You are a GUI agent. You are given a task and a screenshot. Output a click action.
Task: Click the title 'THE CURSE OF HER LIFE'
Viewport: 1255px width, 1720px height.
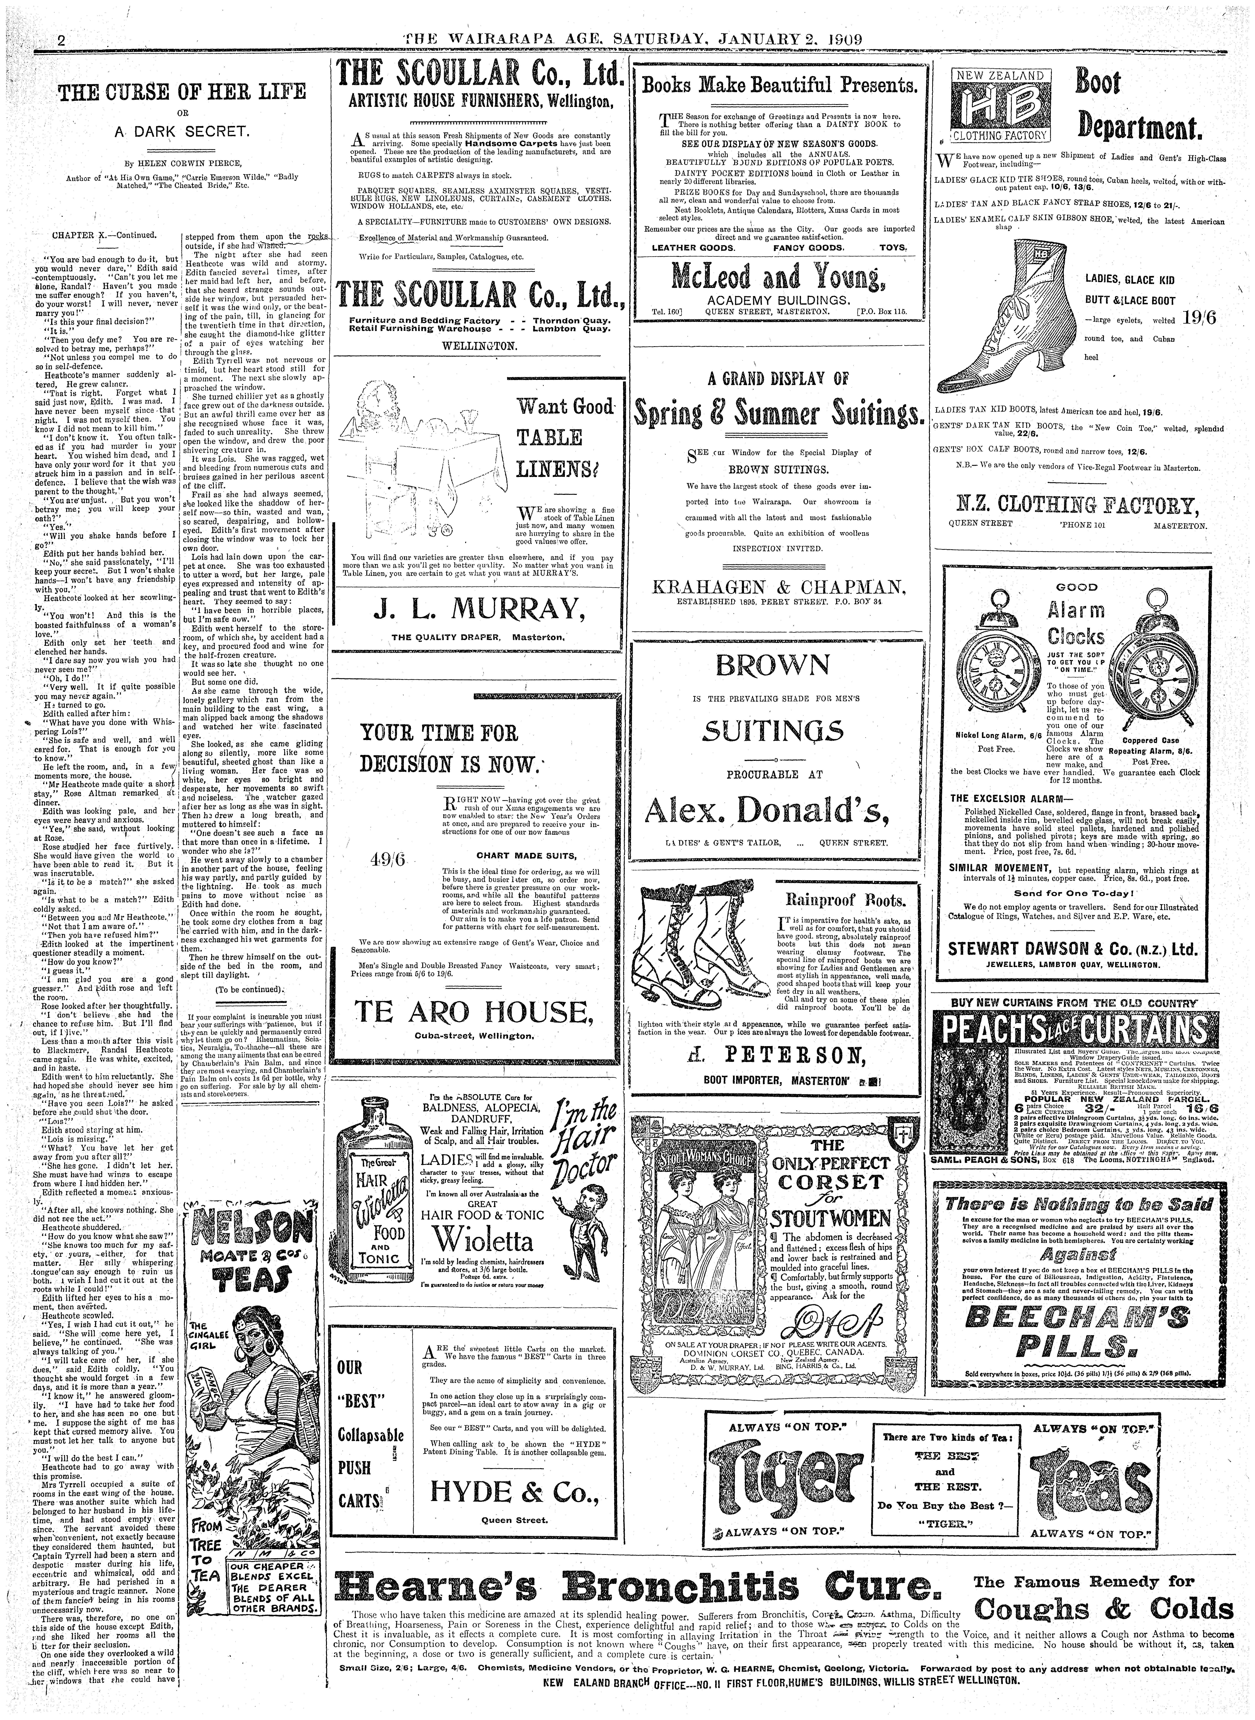(182, 93)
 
